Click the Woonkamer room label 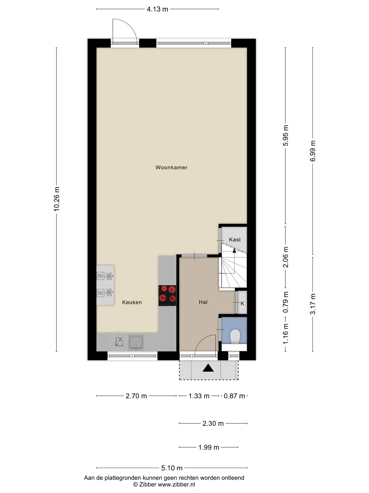(x=171, y=167)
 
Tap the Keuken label (x=132, y=302)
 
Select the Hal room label (x=203, y=302)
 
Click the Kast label (x=235, y=240)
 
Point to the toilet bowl (x=235, y=337)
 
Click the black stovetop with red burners (x=167, y=296)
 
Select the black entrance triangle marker (x=208, y=368)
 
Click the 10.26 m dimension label (x=57, y=199)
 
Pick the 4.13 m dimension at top (x=157, y=9)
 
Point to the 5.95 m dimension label (x=286, y=135)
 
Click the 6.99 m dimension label (x=313, y=151)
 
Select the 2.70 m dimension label (x=136, y=396)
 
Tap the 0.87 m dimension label (x=234, y=396)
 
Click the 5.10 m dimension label (x=172, y=468)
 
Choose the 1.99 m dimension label (x=209, y=447)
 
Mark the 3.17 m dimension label (x=313, y=304)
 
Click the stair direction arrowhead (x=234, y=251)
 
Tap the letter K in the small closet (x=242, y=304)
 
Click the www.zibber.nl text (x=176, y=485)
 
